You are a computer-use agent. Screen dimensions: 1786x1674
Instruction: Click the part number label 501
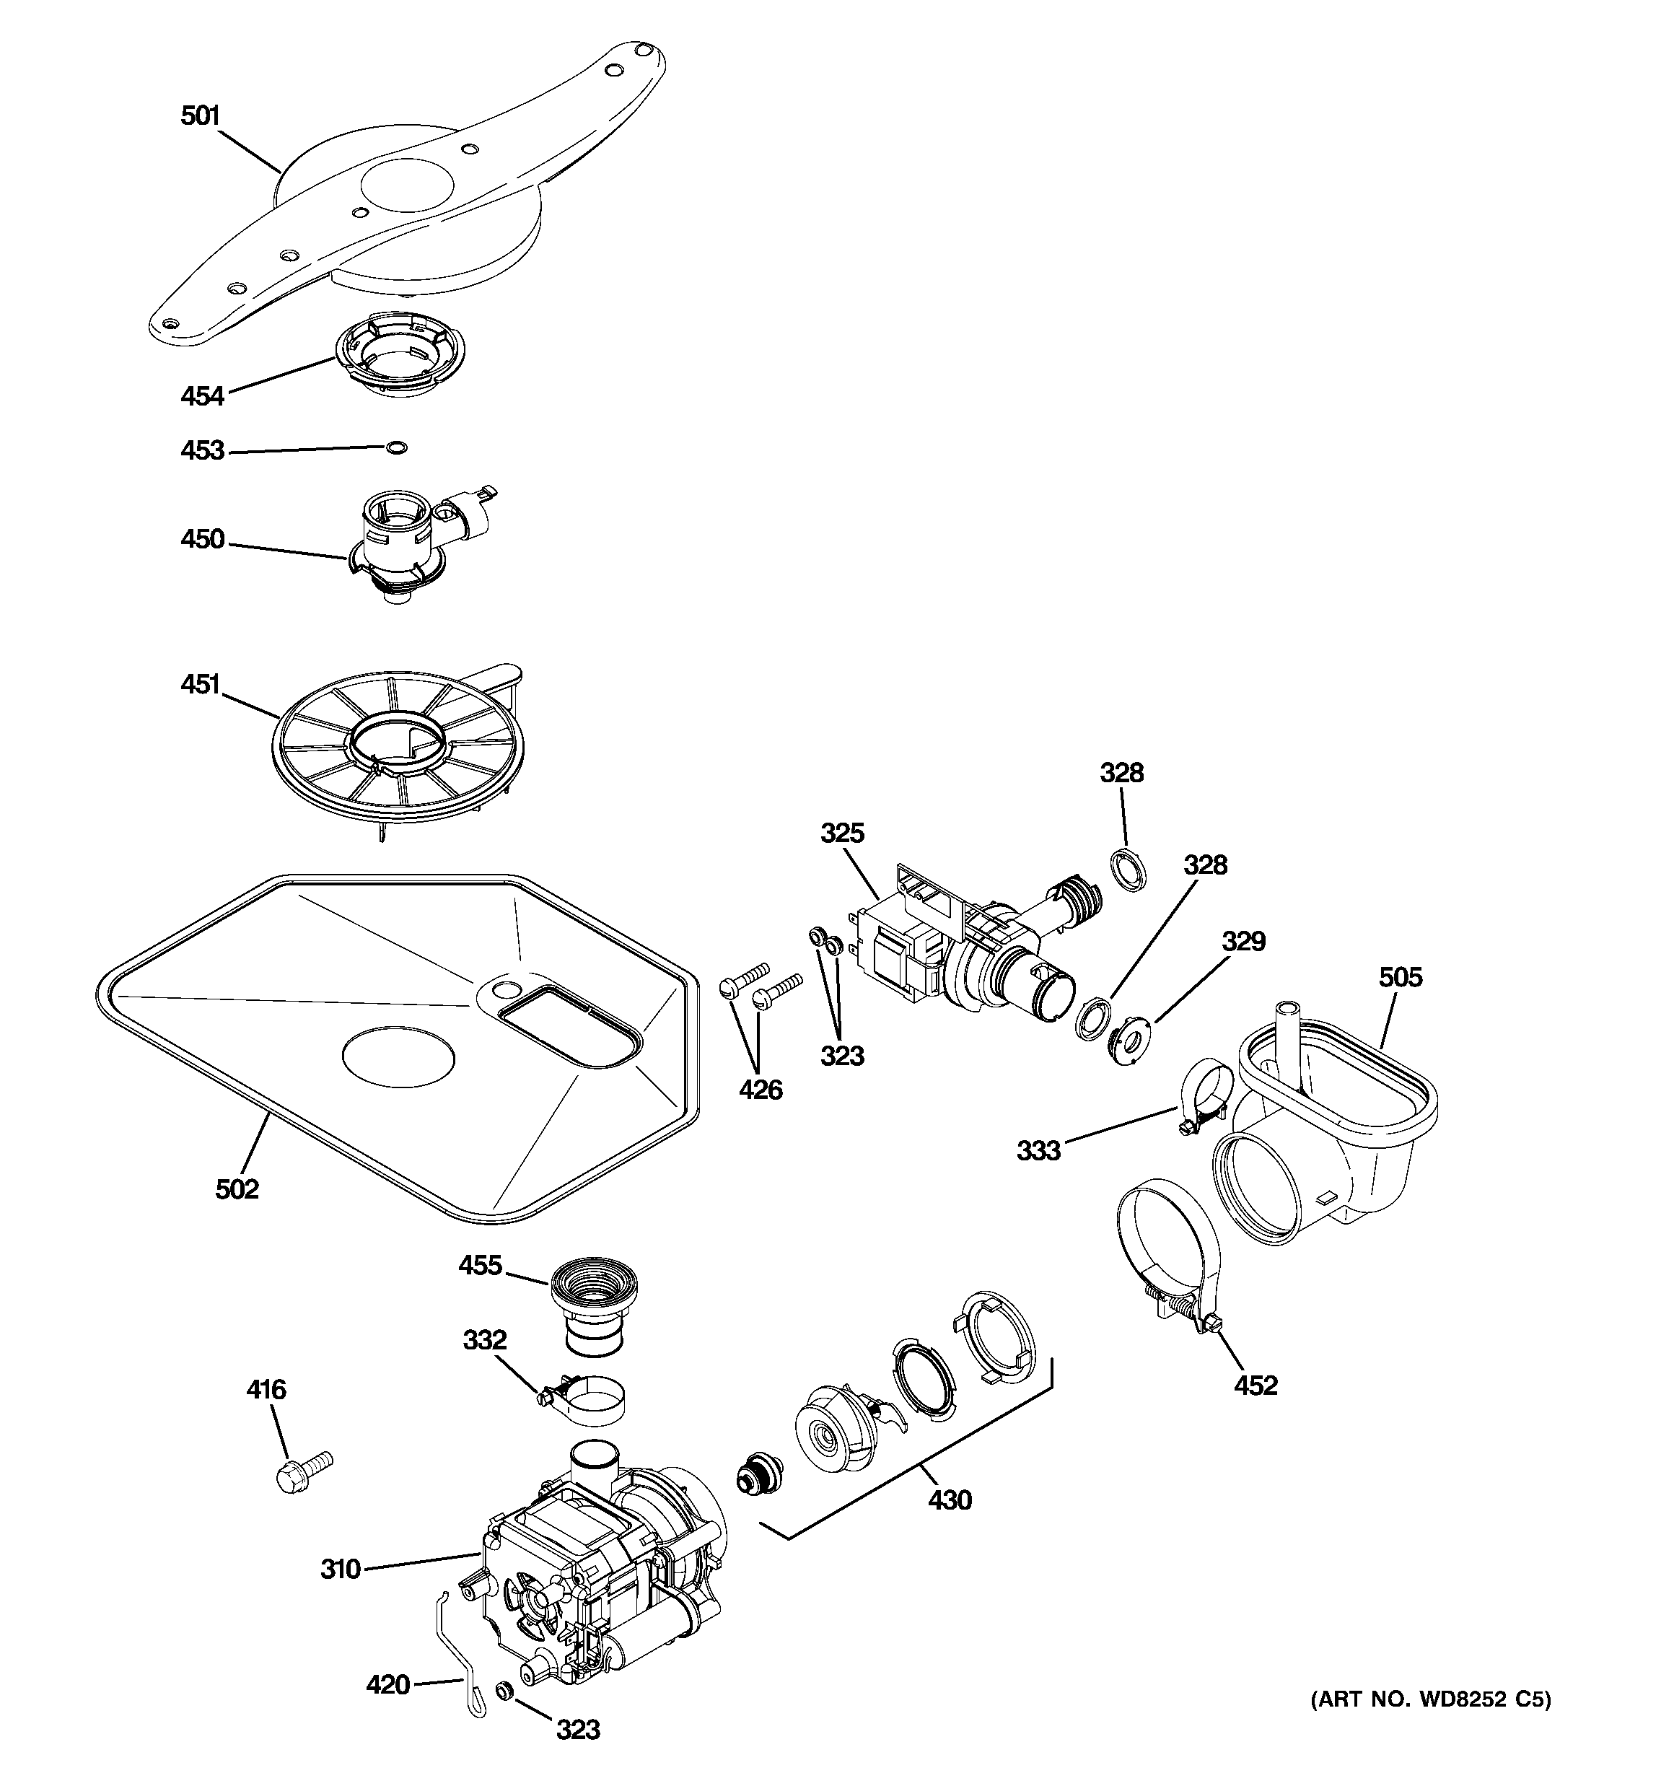point(201,116)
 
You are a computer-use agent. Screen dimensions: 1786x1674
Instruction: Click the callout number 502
point(237,1189)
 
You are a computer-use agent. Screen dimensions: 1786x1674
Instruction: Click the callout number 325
point(842,833)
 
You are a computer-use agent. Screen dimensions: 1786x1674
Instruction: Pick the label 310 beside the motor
point(341,1569)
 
